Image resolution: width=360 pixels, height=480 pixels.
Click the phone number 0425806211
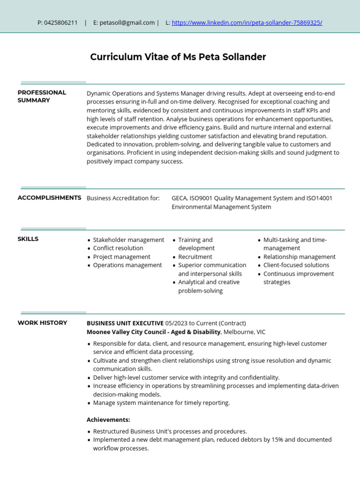tap(61, 22)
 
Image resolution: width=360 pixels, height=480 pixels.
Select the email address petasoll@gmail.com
tap(127, 22)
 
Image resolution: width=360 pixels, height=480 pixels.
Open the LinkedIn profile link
tap(247, 22)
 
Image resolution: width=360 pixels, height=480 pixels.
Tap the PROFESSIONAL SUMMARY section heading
tap(42, 96)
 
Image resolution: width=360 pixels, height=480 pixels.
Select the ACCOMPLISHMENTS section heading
tap(49, 198)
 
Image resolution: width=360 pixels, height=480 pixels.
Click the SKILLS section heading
tap(28, 239)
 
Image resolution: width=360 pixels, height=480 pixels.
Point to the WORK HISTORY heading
tap(42, 322)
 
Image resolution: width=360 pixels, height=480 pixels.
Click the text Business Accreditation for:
tap(123, 198)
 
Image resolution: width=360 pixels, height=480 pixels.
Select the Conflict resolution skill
tap(118, 248)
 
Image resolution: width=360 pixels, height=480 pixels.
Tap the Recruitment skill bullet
tap(195, 257)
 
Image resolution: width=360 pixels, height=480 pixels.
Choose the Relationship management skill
tap(300, 257)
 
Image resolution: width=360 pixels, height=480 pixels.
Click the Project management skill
tap(122, 257)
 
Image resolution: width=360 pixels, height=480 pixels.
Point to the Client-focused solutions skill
tap(296, 265)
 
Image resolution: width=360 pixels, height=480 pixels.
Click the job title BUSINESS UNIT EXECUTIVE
tap(125, 323)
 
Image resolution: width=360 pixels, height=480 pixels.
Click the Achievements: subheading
tap(108, 420)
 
